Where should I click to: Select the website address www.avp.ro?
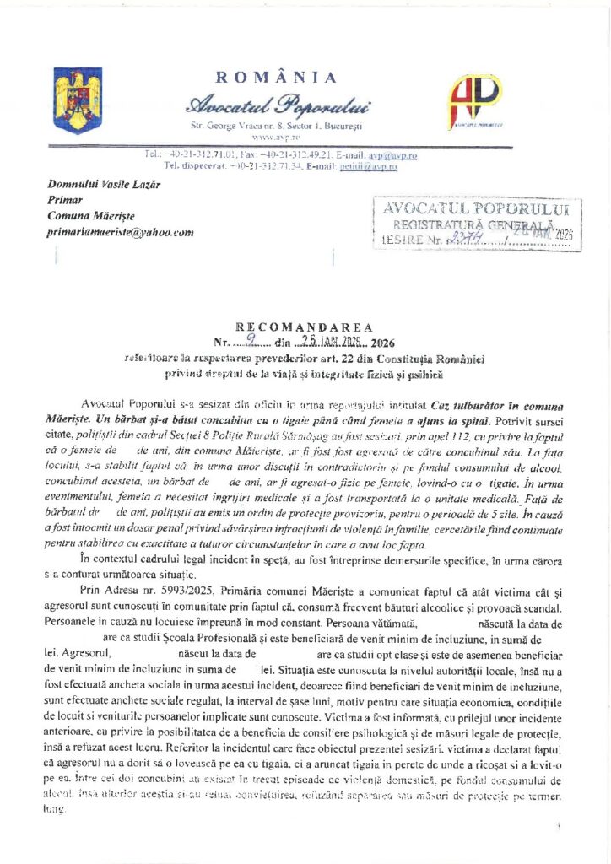(270, 136)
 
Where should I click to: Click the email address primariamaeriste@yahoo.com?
(121, 232)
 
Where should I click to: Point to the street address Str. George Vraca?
(228, 125)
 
